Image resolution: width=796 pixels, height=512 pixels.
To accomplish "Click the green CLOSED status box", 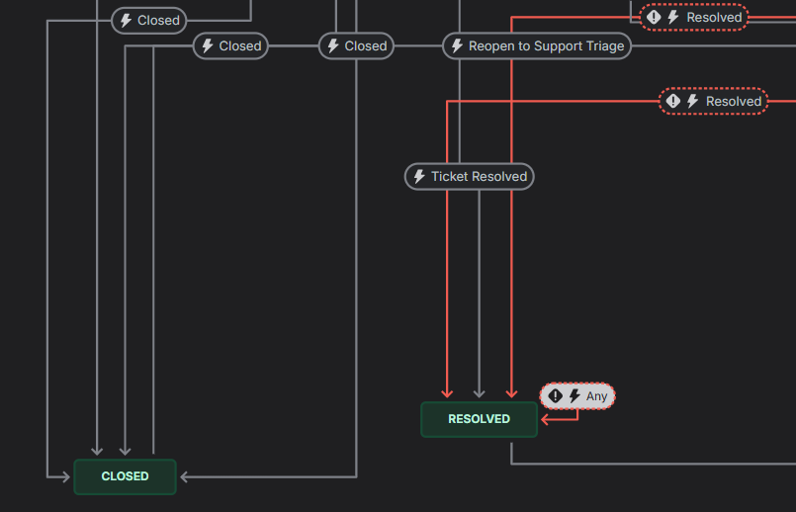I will coord(125,476).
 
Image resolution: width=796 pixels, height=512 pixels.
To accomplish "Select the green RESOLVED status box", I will coord(479,419).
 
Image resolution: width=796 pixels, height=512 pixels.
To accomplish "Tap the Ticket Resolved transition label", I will coord(470,177).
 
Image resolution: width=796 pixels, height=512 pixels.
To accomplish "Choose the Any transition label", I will coord(577,396).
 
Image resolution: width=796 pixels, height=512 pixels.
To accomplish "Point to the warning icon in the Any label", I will coord(556,396).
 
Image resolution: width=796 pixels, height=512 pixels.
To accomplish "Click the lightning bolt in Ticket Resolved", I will coord(419,177).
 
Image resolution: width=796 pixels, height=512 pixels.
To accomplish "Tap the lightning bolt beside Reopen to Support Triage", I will coord(457,45).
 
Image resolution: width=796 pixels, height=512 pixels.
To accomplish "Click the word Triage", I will coord(602,45).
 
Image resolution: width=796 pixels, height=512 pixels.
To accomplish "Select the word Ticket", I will coord(450,177).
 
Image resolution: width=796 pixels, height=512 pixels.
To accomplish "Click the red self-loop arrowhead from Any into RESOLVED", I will coord(545,419).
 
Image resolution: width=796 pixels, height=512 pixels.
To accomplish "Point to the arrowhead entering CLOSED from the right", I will coord(185,477).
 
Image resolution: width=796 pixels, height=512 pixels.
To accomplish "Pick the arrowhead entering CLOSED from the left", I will coord(66,477).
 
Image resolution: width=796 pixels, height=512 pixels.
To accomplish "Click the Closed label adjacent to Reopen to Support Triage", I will coord(356,45).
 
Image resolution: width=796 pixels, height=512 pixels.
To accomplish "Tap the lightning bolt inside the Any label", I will coord(575,396).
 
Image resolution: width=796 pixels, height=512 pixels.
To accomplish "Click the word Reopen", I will coord(491,45).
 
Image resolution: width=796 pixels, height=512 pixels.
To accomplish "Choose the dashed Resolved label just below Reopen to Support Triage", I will coord(713,101).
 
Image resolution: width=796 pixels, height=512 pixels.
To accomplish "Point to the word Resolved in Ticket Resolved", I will coord(500,177).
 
